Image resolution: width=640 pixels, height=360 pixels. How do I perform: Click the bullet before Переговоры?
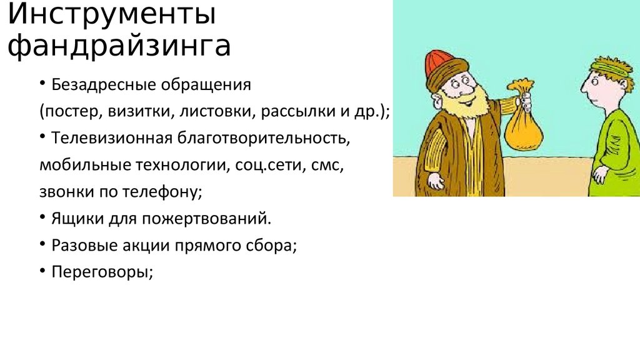coord(41,272)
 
